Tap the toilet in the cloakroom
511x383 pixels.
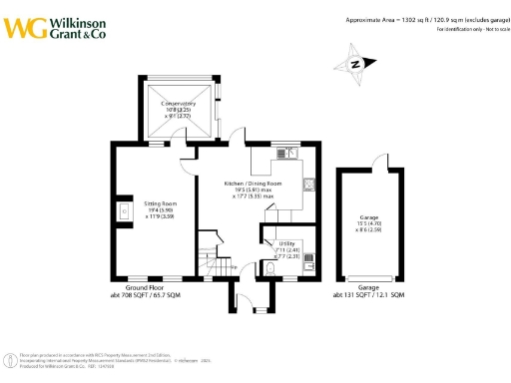[272, 268]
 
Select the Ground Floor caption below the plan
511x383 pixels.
[136, 290]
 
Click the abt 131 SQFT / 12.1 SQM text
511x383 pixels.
[369, 296]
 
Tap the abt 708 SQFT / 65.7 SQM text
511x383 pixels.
[140, 296]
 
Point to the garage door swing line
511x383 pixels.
[381, 162]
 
